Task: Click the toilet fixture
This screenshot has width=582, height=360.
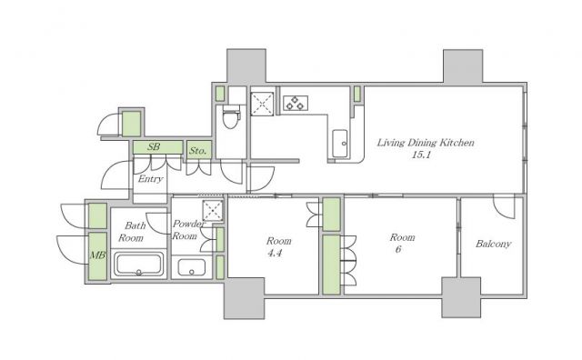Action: pyautogui.click(x=230, y=116)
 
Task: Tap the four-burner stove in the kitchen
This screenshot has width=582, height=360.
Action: pyautogui.click(x=296, y=103)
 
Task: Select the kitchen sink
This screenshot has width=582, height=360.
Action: pyautogui.click(x=340, y=144)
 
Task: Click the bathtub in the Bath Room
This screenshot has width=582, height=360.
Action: pyautogui.click(x=138, y=265)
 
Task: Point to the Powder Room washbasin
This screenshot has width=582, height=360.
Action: pyautogui.click(x=191, y=267)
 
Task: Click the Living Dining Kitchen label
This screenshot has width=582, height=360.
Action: pyautogui.click(x=426, y=143)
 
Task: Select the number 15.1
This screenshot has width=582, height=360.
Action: pyautogui.click(x=421, y=155)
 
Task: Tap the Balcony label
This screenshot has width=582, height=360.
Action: pyautogui.click(x=493, y=244)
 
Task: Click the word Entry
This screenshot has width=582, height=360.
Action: pyautogui.click(x=150, y=179)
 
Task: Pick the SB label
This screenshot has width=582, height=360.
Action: pyautogui.click(x=154, y=146)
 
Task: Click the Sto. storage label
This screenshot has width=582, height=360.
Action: pyautogui.click(x=197, y=151)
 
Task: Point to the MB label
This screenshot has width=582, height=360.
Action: pyautogui.click(x=98, y=255)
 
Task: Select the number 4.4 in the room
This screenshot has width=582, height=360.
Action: pyautogui.click(x=275, y=254)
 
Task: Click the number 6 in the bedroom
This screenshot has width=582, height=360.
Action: pyautogui.click(x=398, y=249)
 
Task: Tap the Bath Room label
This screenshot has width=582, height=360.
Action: pyautogui.click(x=131, y=232)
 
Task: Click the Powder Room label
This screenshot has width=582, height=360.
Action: pyautogui.click(x=187, y=230)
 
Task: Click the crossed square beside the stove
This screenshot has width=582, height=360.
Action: pyautogui.click(x=262, y=104)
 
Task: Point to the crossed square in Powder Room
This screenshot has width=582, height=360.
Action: pyautogui.click(x=213, y=211)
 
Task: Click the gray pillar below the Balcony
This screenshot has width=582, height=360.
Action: pyautogui.click(x=461, y=297)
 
